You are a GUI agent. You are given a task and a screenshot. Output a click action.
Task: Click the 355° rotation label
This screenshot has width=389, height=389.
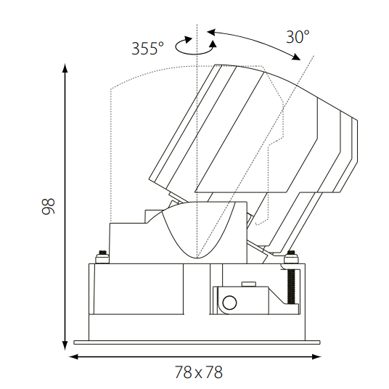pos(147,48)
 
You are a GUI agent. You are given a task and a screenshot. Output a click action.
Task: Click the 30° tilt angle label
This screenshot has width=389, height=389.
pos(298,37)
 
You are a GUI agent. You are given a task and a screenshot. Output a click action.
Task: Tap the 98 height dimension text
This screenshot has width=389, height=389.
pos(48,206)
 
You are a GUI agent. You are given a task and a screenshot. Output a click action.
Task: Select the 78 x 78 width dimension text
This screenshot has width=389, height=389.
pos(199,372)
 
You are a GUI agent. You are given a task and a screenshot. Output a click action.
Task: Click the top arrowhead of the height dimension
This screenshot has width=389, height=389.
pos(65,67)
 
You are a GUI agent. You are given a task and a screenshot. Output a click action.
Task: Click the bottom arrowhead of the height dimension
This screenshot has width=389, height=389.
pos(65,345)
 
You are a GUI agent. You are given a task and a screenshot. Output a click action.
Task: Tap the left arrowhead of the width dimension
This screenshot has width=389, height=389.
pos(73,357)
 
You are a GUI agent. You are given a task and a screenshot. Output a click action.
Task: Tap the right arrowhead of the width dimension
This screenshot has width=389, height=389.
pos(316,357)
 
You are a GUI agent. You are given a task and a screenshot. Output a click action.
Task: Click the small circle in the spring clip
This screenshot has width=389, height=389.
pos(229,303)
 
